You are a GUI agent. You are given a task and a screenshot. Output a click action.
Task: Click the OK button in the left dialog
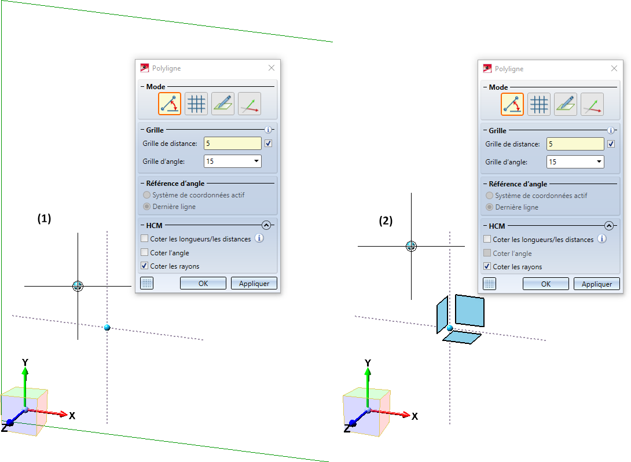tap(203, 284)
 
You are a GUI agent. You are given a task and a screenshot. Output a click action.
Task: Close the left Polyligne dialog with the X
tap(272, 68)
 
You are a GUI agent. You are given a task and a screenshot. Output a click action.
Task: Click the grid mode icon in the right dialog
tap(540, 104)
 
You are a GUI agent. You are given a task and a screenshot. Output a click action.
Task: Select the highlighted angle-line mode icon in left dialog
tap(170, 104)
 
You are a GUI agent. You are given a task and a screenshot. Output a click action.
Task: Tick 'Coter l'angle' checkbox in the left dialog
tap(145, 253)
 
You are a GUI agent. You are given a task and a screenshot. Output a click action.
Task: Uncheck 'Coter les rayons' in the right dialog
tap(487, 267)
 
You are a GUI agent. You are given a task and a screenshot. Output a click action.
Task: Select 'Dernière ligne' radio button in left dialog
tap(148, 207)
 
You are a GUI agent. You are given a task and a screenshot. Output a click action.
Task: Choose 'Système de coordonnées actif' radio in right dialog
tap(490, 196)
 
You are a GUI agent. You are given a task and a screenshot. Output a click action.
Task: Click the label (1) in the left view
tap(45, 219)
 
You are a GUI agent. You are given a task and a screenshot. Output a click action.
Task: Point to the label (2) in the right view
tap(386, 221)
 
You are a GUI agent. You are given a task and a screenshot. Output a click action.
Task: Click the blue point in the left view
tap(107, 328)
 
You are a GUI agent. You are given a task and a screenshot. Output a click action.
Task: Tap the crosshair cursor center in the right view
tap(411, 246)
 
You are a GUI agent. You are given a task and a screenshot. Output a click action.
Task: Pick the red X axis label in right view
tap(414, 416)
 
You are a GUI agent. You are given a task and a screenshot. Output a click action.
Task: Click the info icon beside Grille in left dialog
tap(268, 130)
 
